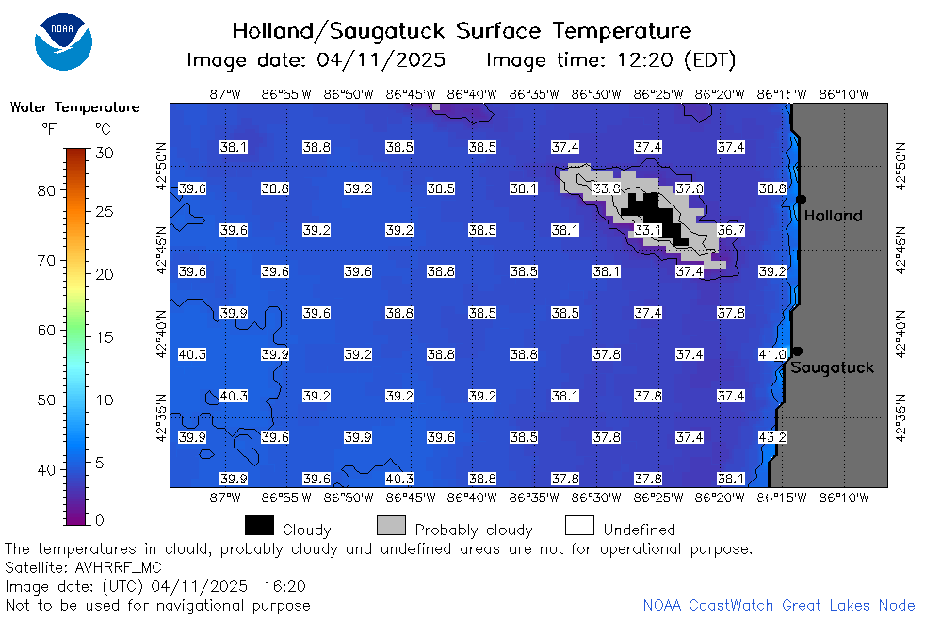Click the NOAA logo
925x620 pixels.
tap(63, 41)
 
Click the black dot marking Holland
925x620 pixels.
tap(801, 200)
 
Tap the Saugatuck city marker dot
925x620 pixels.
tap(797, 351)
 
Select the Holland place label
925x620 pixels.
tap(833, 216)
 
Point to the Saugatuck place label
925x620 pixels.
tap(832, 368)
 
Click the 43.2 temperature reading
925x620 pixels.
tap(772, 438)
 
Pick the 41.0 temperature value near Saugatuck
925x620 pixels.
tap(772, 354)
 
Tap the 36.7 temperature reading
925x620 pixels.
tap(731, 230)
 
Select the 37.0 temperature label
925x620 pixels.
tap(689, 188)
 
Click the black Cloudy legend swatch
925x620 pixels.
tap(259, 526)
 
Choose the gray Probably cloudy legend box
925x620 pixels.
tap(391, 526)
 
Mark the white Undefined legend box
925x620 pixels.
tap(579, 526)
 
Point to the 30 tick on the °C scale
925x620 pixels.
tap(105, 154)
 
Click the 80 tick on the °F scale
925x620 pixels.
tap(46, 190)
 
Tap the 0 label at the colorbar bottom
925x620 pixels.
tap(99, 520)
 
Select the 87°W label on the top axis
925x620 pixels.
tap(225, 94)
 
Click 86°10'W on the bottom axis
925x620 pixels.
tap(844, 498)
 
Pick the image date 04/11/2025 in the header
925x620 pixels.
tap(381, 60)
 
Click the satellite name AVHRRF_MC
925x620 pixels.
tap(118, 568)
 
